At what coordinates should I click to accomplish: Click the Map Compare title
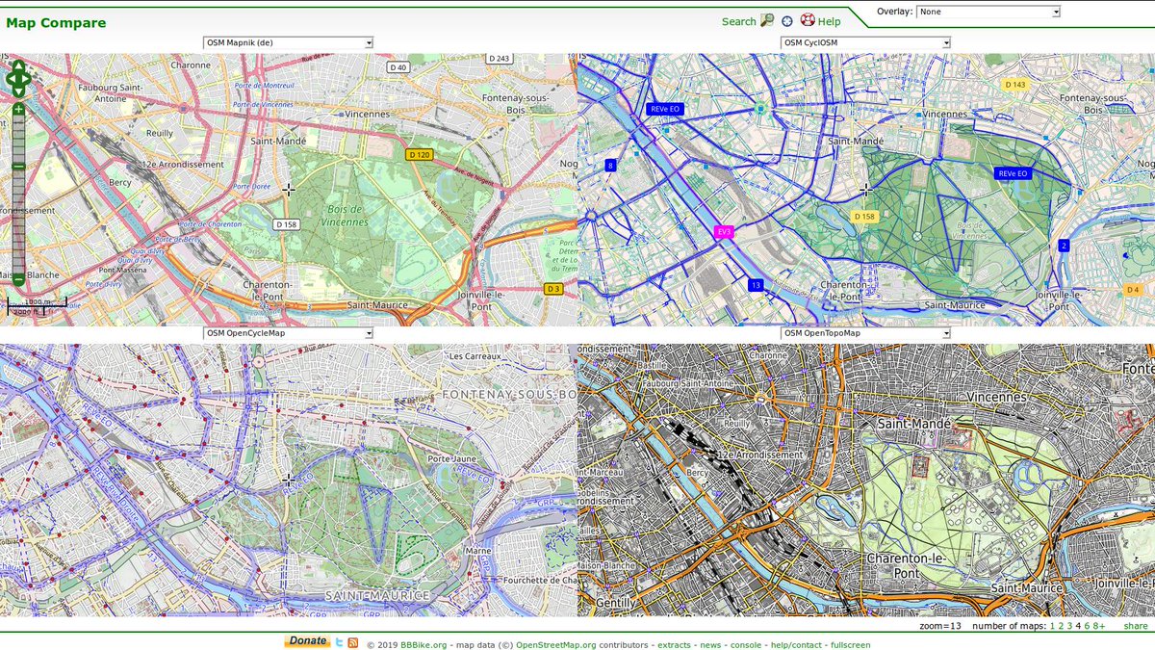point(56,23)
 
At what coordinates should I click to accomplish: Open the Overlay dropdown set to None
point(988,13)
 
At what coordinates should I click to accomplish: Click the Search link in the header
point(738,21)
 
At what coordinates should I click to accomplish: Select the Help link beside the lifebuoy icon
point(829,21)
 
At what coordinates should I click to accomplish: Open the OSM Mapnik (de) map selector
point(288,43)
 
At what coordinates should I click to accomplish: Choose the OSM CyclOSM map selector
point(865,43)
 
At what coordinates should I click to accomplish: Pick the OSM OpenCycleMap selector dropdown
point(288,333)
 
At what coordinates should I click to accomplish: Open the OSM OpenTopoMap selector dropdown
point(865,333)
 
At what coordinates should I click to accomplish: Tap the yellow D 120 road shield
point(419,155)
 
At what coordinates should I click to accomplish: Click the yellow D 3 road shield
point(552,289)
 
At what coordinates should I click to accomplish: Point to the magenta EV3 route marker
point(724,232)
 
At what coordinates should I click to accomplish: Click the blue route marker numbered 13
point(756,285)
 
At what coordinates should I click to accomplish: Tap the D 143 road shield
point(1015,85)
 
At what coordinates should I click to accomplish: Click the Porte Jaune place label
point(451,459)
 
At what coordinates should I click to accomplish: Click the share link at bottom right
point(1135,626)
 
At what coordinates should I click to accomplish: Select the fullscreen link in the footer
point(850,645)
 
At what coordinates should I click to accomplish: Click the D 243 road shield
point(499,59)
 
